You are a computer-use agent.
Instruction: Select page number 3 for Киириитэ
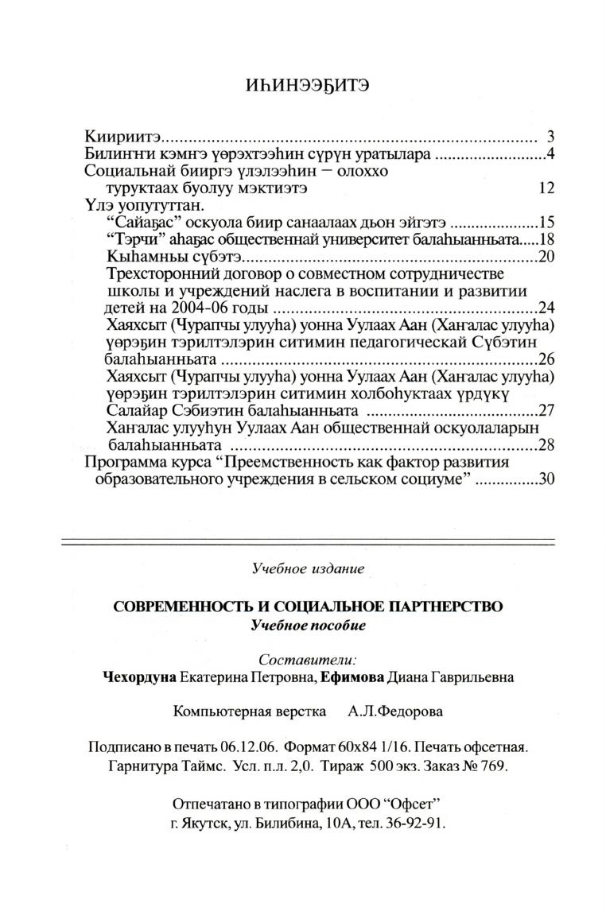550,136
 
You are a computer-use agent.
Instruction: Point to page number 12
546,188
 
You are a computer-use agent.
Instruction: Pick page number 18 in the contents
546,240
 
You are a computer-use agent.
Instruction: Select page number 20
546,258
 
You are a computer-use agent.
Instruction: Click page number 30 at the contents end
546,480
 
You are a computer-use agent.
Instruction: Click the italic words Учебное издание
308,569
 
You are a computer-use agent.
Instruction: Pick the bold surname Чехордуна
138,678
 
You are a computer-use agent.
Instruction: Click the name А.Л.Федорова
395,712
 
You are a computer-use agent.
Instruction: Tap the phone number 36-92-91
414,824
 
